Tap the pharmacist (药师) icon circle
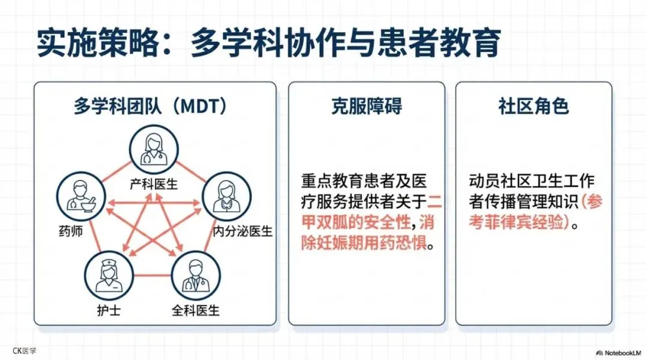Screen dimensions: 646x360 point(81,198)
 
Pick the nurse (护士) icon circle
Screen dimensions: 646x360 point(108,274)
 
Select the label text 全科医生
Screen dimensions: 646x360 point(196,310)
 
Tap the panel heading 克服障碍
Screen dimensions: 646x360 point(367,106)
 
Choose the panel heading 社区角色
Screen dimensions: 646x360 point(534,106)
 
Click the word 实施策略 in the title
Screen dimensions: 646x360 point(98,44)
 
